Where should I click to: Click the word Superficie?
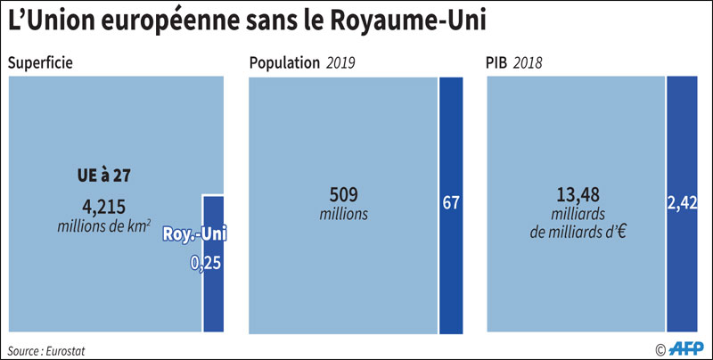point(40,63)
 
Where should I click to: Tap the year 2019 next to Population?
point(342,63)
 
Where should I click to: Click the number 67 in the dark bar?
point(451,201)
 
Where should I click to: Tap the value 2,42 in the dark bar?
point(681,201)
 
